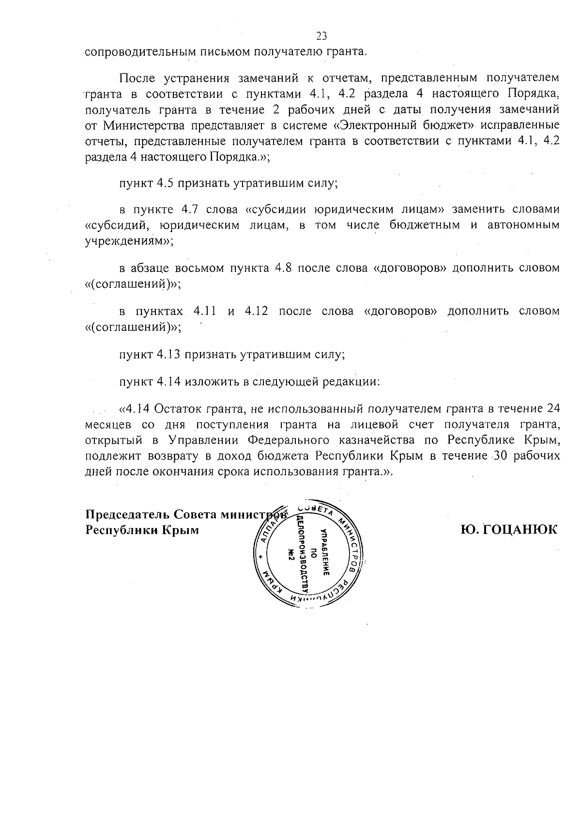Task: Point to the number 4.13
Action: pyautogui.click(x=169, y=354)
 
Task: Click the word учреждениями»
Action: pyautogui.click(x=128, y=241)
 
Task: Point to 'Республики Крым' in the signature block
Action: pyautogui.click(x=142, y=530)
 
